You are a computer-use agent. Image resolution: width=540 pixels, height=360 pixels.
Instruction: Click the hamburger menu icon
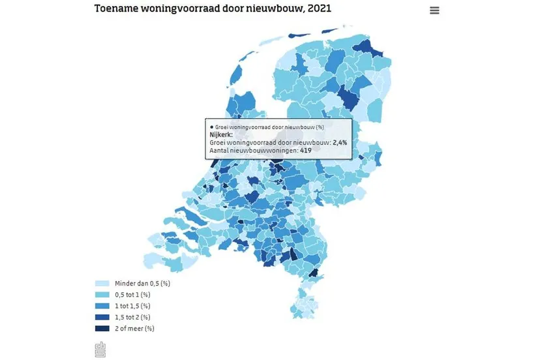click(x=434, y=10)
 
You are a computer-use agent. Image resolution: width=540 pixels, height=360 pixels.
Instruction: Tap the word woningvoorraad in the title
click(x=195, y=8)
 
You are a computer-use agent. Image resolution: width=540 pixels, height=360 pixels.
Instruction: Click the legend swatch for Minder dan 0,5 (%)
click(x=102, y=284)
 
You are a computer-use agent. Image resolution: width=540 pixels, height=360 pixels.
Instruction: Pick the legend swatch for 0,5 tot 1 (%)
click(x=102, y=295)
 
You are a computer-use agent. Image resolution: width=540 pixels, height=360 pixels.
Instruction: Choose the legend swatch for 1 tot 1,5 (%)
click(x=102, y=306)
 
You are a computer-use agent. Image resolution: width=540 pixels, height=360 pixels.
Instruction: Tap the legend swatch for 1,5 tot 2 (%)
click(x=102, y=317)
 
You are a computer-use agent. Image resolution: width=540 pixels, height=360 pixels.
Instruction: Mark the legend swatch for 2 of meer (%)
click(x=102, y=328)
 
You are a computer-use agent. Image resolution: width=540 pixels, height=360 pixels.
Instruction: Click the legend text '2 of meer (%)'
click(x=135, y=328)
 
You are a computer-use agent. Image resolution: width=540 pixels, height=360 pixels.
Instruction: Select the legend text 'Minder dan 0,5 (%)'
click(x=142, y=284)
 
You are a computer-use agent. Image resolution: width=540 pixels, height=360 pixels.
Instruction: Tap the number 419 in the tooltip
click(x=305, y=151)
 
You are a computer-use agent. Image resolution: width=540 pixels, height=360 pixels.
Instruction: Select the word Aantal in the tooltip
click(x=220, y=151)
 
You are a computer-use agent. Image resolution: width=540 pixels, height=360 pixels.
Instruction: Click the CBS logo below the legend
click(x=100, y=350)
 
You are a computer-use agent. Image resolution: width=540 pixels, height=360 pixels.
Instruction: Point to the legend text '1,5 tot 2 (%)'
click(x=134, y=317)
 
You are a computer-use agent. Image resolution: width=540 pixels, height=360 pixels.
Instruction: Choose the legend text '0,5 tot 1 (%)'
click(x=132, y=295)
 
